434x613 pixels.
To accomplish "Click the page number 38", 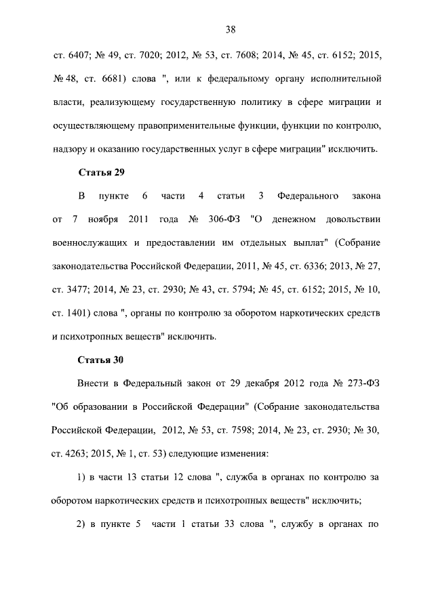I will coord(230,29).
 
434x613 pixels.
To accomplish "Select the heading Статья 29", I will coord(101,172).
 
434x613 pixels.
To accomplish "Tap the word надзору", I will coord(71,149).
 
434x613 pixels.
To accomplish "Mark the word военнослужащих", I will coord(90,242).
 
